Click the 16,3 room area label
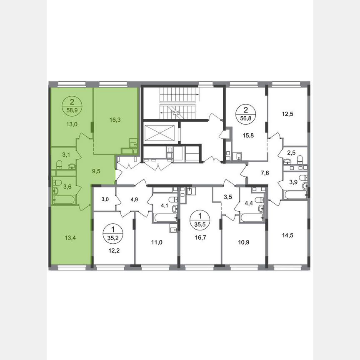(x=115, y=120)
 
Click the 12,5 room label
(x=288, y=113)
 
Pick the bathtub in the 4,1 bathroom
(x=164, y=218)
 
